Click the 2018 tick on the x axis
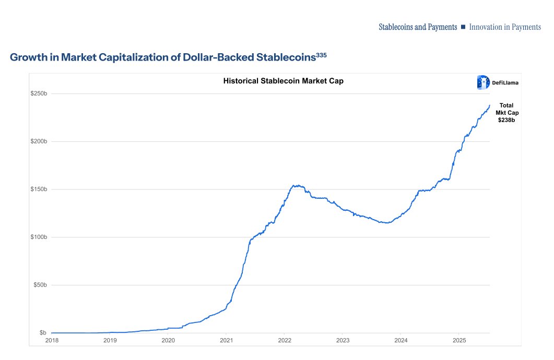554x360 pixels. pos(52,340)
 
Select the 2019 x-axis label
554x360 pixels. pos(110,340)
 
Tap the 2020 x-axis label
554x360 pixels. pos(168,340)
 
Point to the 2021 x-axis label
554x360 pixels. pos(226,340)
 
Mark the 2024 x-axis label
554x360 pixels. pos(400,340)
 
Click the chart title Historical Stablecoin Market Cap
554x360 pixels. pos(283,81)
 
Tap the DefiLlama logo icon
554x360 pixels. pos(482,82)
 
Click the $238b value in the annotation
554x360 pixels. pos(506,120)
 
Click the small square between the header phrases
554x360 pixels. pos(463,27)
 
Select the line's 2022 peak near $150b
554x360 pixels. pos(296,185)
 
